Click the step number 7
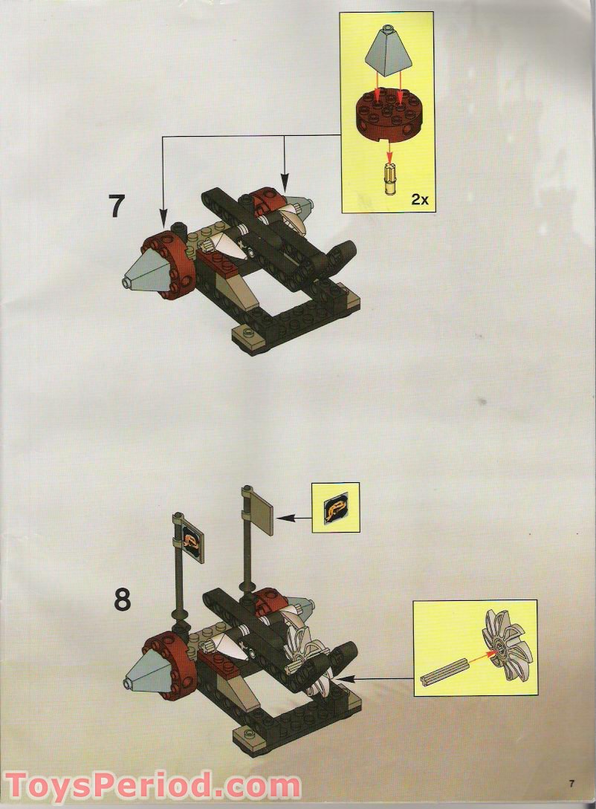pyautogui.click(x=116, y=206)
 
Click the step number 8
pyautogui.click(x=122, y=599)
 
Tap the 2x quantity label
pyautogui.click(x=419, y=200)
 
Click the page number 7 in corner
pyautogui.click(x=572, y=783)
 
